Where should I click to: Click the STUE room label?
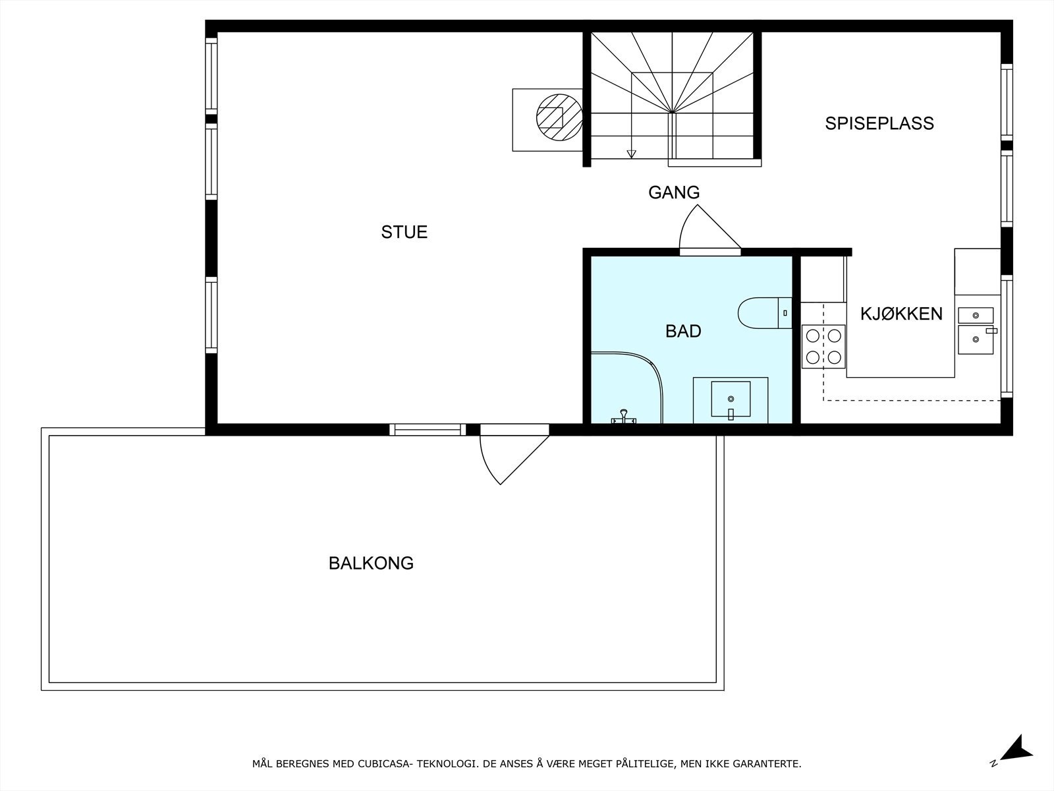pos(404,232)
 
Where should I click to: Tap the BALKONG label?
pos(371,564)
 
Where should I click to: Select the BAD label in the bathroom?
pos(683,331)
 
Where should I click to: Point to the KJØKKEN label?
pos(901,314)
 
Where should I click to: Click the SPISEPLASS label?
pos(879,123)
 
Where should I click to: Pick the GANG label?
pos(673,192)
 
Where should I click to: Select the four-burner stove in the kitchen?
pos(823,346)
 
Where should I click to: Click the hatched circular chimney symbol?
pos(559,117)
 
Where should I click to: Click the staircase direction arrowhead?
pos(632,154)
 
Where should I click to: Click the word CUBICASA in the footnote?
pos(383,764)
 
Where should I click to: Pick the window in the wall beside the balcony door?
pos(428,430)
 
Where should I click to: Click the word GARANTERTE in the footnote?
pos(769,764)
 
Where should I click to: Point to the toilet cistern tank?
pos(785,313)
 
